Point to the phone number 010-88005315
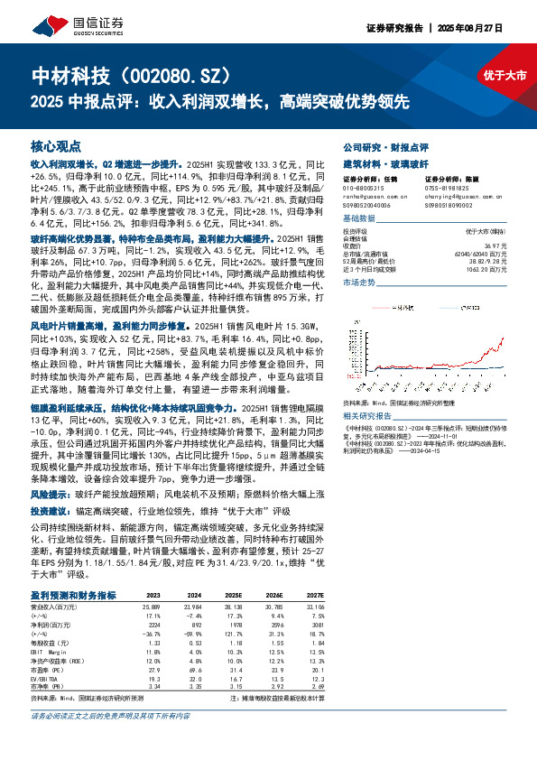coord(363,189)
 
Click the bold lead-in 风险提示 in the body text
coord(48,496)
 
